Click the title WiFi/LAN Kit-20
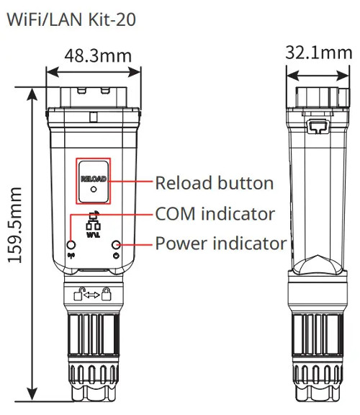coord(71,19)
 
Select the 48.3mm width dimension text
coord(98,56)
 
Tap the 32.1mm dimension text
coord(319,53)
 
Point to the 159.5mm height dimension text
coord(15,225)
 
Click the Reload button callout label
coord(215,183)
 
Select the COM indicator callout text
coord(215,213)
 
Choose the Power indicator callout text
coord(221,244)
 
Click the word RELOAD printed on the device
coord(94,179)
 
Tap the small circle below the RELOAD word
coord(94,189)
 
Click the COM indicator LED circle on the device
coord(71,244)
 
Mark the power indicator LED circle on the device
coord(116,244)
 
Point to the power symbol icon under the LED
coord(116,256)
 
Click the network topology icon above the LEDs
coord(94,222)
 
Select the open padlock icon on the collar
coord(78,294)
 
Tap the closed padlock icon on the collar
coord(107,294)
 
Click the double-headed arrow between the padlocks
coord(91,295)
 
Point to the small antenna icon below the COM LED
coord(71,256)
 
